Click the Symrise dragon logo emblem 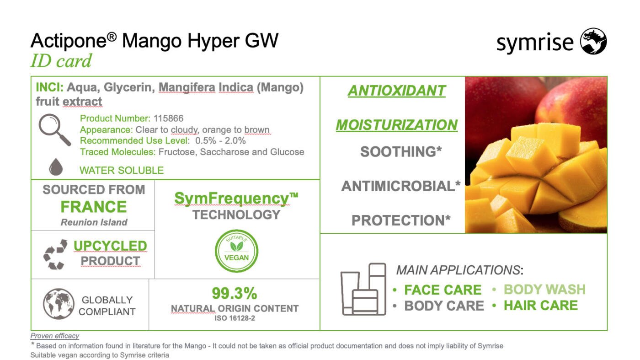tap(593, 41)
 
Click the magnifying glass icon tap(54, 130)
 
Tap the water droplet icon tap(56, 167)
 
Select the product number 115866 tap(168, 118)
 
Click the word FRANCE tap(94, 207)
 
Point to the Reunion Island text tap(94, 222)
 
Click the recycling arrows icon tap(55, 254)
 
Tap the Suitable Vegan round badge tap(237, 251)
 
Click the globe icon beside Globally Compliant tap(59, 304)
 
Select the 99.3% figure tap(234, 293)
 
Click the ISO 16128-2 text tap(235, 318)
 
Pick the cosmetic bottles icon tap(363, 289)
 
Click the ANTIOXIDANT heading tap(397, 91)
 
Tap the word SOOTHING tap(398, 152)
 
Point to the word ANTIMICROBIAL tap(398, 186)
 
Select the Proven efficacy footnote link tap(54, 336)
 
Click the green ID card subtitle tap(61, 61)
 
